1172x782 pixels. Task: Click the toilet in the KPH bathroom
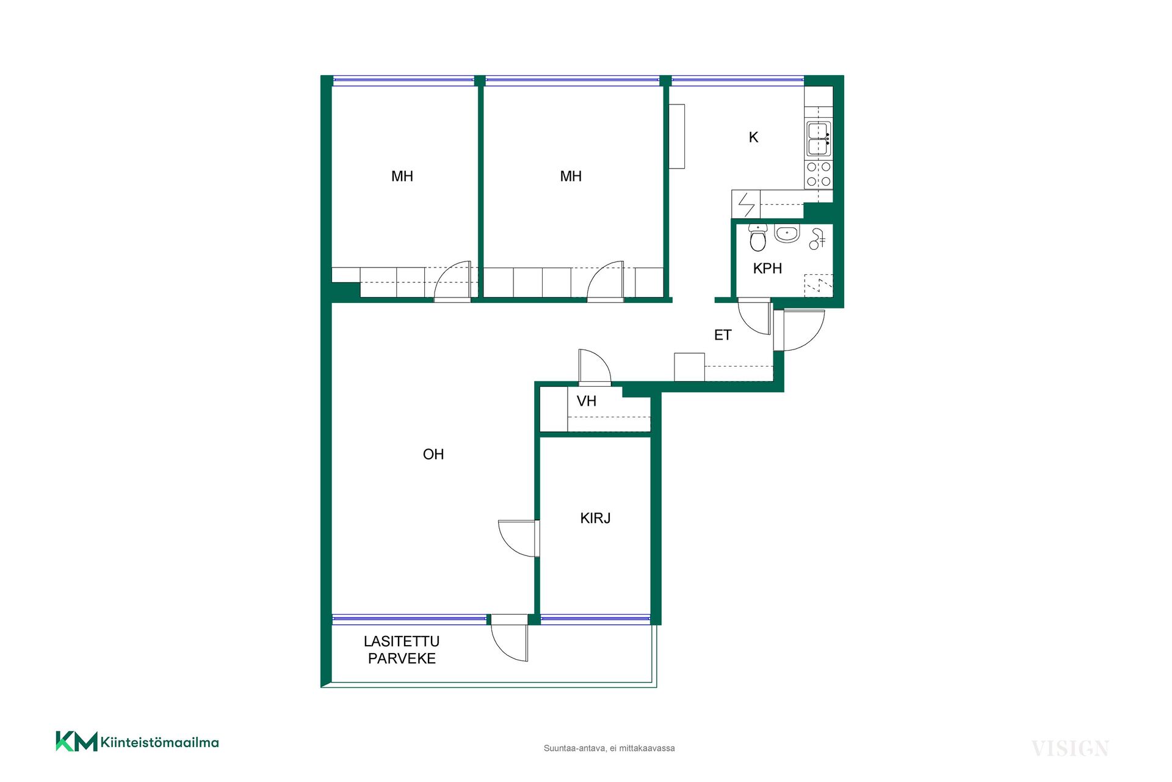coord(758,238)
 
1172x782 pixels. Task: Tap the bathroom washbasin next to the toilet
coord(787,233)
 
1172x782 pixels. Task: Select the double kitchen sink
coord(819,139)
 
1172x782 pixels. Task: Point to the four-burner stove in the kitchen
coord(819,174)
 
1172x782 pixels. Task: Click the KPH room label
coord(767,268)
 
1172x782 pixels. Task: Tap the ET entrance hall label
coord(723,335)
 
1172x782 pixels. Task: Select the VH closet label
coord(587,401)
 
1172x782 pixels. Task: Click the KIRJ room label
coord(595,518)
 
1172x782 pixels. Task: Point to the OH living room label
coord(433,455)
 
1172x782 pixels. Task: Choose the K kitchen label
coord(753,137)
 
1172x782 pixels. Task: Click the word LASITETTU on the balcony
coord(402,641)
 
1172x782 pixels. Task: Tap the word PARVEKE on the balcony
coord(402,659)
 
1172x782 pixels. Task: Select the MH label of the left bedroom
coord(402,177)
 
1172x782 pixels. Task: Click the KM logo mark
coord(76,741)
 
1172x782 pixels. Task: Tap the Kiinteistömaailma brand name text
coord(160,743)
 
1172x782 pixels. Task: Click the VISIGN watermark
coord(1070,748)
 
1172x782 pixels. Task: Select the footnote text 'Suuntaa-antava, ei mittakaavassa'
coord(609,748)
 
